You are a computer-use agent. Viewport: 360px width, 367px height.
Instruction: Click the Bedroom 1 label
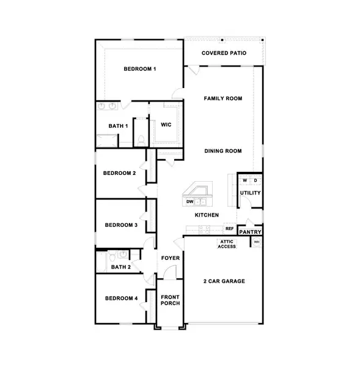click(140, 69)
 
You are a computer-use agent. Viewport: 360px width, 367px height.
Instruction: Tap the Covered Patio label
click(224, 53)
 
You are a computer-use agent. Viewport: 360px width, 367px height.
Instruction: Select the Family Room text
click(223, 98)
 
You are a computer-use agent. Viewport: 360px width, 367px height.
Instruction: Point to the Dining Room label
click(223, 151)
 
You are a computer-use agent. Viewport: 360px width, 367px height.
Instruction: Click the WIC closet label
click(166, 125)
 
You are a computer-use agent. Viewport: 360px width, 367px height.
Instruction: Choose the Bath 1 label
click(119, 126)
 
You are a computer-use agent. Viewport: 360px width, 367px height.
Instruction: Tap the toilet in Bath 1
click(141, 140)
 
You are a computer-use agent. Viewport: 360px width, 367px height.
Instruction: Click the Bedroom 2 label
click(119, 173)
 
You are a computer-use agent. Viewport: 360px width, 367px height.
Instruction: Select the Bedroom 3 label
click(121, 225)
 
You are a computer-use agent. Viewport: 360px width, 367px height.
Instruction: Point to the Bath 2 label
click(120, 267)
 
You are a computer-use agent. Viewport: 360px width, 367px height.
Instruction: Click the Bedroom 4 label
click(121, 298)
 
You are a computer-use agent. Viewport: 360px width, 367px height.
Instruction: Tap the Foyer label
click(171, 258)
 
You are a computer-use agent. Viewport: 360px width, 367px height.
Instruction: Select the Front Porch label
click(170, 301)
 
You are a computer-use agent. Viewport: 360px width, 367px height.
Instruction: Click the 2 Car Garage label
click(224, 281)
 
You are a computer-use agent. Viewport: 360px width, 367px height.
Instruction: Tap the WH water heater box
click(257, 243)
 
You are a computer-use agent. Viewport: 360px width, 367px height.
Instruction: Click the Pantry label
click(251, 232)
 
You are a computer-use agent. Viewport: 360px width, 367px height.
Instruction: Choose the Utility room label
click(251, 193)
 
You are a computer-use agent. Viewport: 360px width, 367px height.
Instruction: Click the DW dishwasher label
click(190, 201)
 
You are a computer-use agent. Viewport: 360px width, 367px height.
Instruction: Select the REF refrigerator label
click(230, 229)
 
